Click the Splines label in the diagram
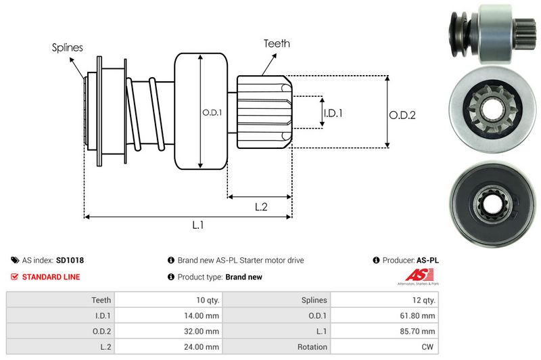(x=68, y=47)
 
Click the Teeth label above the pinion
(x=277, y=43)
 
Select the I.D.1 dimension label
(x=333, y=113)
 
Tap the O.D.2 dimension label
(x=402, y=115)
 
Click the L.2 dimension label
(x=261, y=207)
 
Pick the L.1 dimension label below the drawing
(x=198, y=225)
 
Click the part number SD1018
(x=70, y=260)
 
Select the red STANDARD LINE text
(x=51, y=277)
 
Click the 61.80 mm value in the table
(x=419, y=315)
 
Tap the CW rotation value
(x=429, y=347)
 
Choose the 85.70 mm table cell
(x=419, y=331)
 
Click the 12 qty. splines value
(x=423, y=299)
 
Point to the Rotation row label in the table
(x=313, y=347)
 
